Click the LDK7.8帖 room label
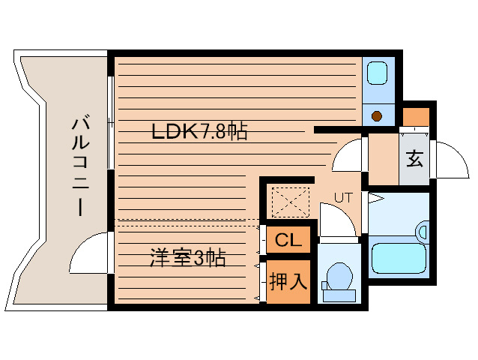tap(199, 133)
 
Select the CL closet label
tap(288, 241)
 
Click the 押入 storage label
tap(288, 282)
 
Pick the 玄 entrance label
tap(414, 159)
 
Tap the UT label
tap(343, 198)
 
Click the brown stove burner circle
tap(378, 115)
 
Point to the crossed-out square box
tap(290, 201)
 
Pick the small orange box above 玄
tap(416, 117)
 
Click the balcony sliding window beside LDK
tap(111, 120)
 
